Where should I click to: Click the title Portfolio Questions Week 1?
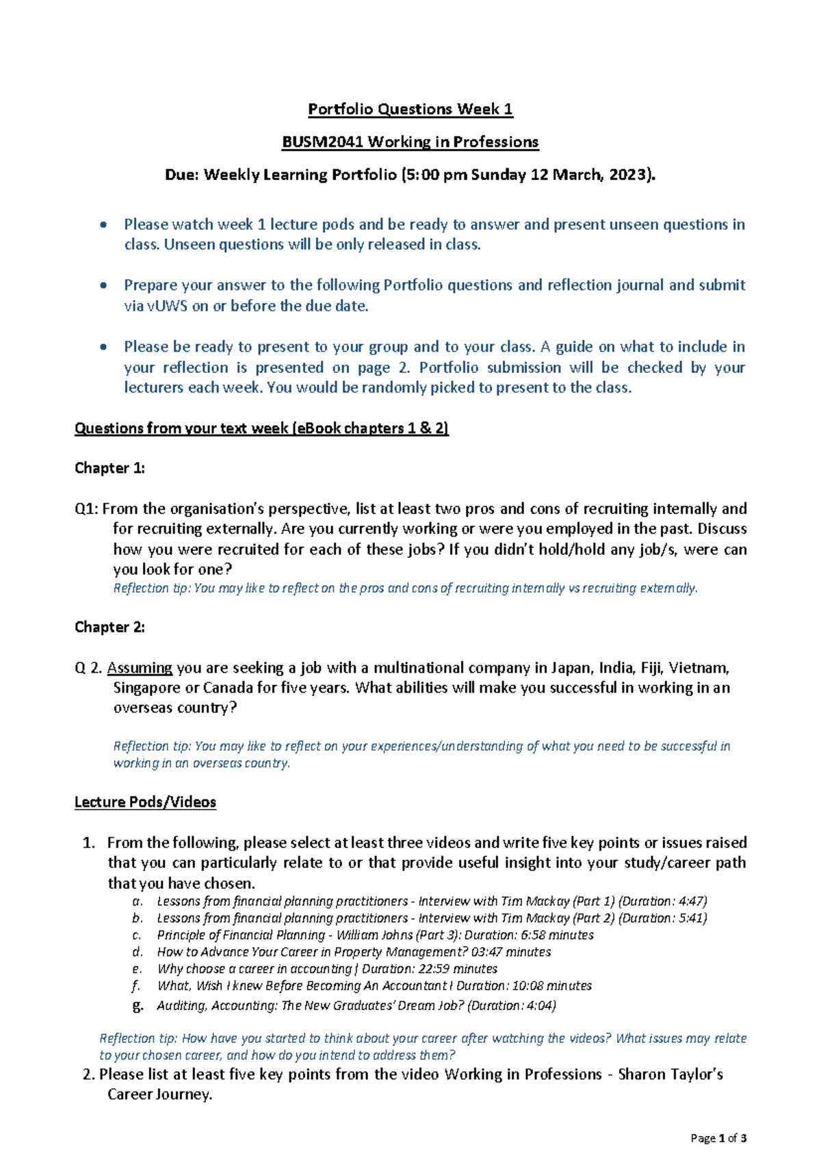410,109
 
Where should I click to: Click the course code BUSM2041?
322,142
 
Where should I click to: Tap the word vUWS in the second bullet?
167,306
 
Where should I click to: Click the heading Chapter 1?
109,468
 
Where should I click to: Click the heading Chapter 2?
109,627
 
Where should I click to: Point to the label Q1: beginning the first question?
87,508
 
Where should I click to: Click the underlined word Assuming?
140,668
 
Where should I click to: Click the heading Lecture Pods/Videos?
145,802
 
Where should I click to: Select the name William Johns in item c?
378,935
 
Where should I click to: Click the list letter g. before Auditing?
138,1005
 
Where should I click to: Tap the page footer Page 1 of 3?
718,1139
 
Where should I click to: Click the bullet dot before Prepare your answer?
103,285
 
